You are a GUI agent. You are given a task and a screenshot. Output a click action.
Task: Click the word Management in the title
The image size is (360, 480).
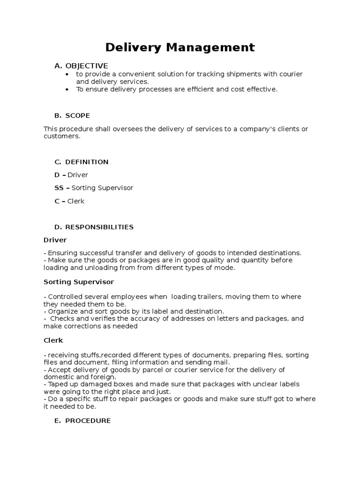pyautogui.click(x=209, y=47)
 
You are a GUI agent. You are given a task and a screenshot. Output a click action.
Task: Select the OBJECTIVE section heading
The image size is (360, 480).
pyautogui.click(x=87, y=66)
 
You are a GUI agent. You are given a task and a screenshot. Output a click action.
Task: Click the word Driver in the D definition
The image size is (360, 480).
pyautogui.click(x=78, y=175)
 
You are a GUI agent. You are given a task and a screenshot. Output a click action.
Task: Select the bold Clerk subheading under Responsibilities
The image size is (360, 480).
pyautogui.click(x=53, y=340)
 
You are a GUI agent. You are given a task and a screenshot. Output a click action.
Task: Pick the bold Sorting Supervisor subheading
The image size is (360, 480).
pyautogui.click(x=79, y=282)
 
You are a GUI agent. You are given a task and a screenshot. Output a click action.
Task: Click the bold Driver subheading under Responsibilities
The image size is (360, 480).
pyautogui.click(x=55, y=240)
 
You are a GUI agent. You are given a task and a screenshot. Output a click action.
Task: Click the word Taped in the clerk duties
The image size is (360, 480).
pyautogui.click(x=58, y=384)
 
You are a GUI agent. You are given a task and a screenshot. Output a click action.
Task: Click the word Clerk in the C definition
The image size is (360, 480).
pyautogui.click(x=76, y=201)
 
